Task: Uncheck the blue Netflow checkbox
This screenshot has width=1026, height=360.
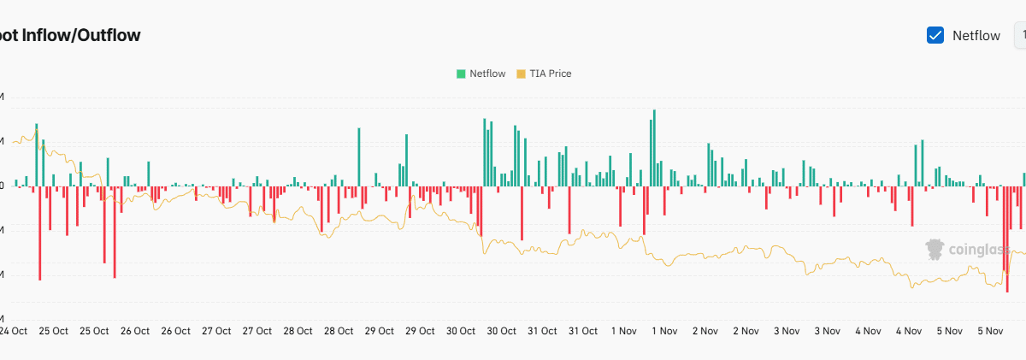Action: point(935,35)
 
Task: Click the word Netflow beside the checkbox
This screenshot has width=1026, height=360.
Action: point(976,36)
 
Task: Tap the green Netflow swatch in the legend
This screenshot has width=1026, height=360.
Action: point(461,74)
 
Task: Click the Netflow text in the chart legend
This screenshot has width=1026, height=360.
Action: point(487,74)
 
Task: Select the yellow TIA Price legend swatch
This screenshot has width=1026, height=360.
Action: point(522,74)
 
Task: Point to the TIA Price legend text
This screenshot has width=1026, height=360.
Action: point(551,74)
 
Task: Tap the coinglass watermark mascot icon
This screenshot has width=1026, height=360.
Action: point(935,249)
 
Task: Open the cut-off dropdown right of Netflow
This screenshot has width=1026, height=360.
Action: point(1020,35)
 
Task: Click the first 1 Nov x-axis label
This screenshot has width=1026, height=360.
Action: point(622,331)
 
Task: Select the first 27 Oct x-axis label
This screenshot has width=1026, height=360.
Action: point(216,331)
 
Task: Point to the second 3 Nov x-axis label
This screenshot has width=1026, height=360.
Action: point(828,331)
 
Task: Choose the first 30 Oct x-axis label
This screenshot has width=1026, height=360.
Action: point(461,331)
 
